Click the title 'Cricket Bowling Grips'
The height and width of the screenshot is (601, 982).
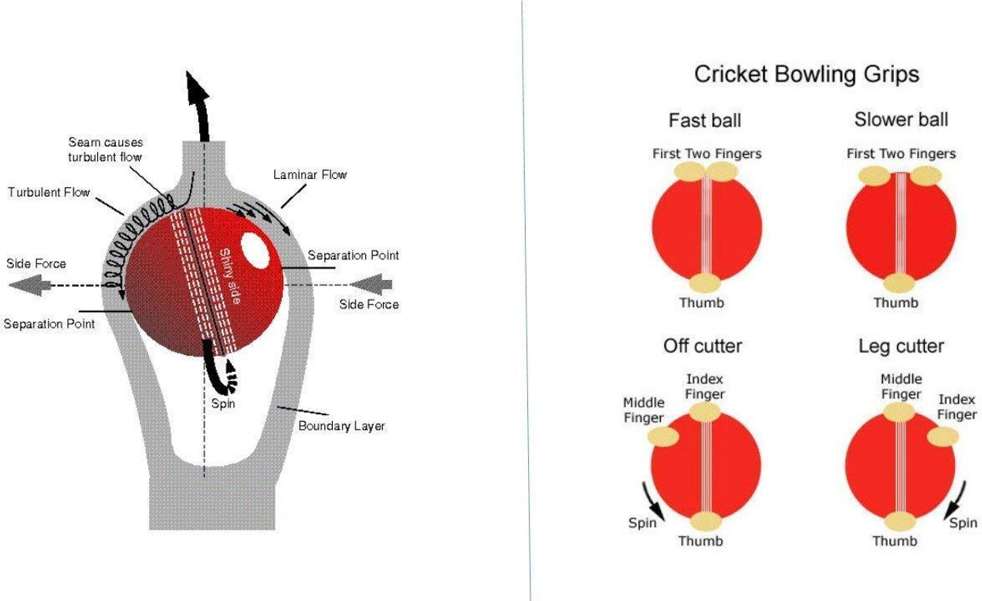click(x=807, y=75)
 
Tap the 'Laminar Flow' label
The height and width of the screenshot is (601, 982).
click(x=310, y=175)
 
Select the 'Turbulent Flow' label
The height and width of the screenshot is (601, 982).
click(x=49, y=192)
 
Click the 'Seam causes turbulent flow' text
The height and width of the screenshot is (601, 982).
click(x=105, y=150)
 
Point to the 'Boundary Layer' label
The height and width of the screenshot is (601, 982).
click(x=341, y=426)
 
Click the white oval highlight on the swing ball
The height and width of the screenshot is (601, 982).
click(x=256, y=250)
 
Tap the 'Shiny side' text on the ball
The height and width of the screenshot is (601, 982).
click(x=230, y=276)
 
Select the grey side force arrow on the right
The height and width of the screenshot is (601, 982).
click(x=371, y=285)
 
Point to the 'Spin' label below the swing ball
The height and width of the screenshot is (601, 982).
click(x=223, y=403)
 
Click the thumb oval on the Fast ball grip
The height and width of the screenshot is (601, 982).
click(x=705, y=282)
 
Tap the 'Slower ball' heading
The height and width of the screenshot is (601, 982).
click(x=901, y=119)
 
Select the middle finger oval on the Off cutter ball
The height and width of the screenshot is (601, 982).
click(x=663, y=437)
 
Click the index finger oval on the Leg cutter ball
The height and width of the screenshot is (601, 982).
click(x=943, y=437)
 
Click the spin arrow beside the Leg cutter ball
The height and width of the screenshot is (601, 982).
click(x=955, y=500)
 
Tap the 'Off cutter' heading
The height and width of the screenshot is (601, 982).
click(x=703, y=346)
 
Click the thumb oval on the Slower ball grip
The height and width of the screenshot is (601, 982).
click(x=899, y=283)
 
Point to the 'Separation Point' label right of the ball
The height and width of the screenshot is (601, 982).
click(x=354, y=255)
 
